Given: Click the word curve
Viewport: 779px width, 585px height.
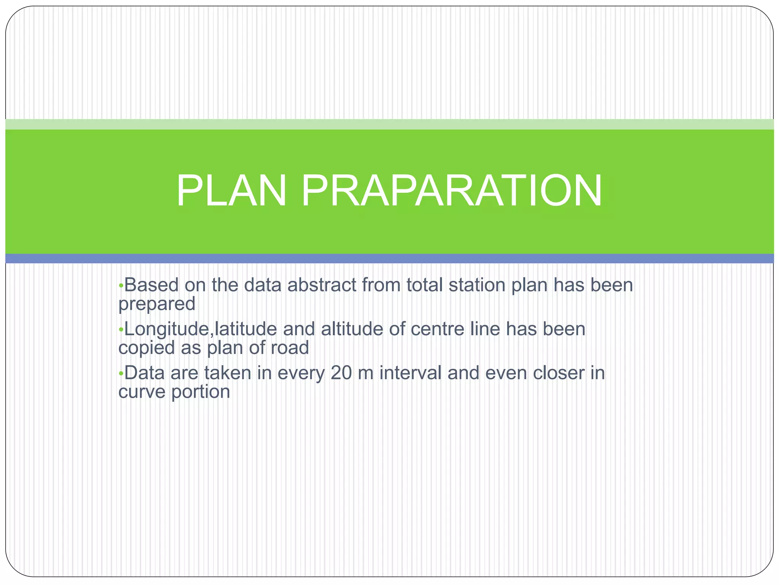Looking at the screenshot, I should (x=142, y=392).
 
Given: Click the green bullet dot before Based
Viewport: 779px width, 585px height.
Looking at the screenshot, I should (x=121, y=286).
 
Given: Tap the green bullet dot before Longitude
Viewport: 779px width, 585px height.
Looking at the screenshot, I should (x=121, y=330).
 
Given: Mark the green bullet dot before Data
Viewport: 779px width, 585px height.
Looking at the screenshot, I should (x=121, y=374).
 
